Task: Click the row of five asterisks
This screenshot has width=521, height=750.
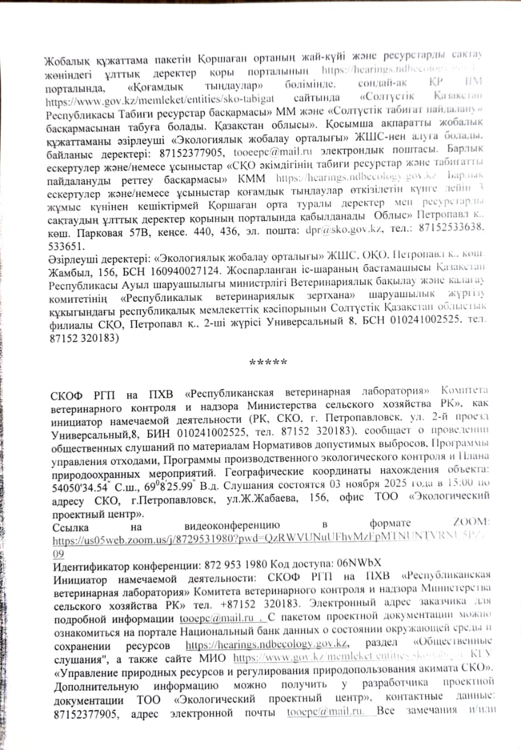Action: click(x=268, y=361)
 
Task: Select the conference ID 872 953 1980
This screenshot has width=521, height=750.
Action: click(x=234, y=566)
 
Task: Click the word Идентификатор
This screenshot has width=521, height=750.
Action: click(x=91, y=566)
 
